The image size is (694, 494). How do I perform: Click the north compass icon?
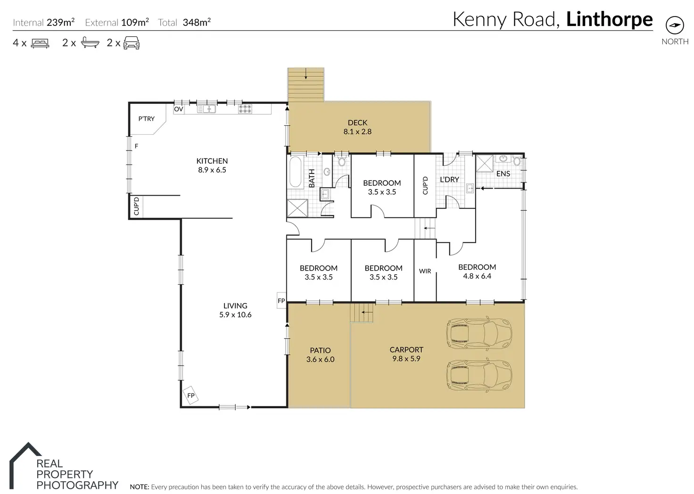[675, 25]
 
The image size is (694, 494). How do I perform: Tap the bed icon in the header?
[40, 43]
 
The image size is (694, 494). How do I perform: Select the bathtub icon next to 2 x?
[90, 42]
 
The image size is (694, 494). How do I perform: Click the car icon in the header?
[132, 43]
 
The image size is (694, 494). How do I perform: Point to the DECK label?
[357, 123]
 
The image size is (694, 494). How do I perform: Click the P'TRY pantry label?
[146, 119]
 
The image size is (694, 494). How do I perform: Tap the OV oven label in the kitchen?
[179, 109]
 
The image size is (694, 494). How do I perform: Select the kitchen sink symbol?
[207, 109]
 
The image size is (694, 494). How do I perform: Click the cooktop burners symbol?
[245, 109]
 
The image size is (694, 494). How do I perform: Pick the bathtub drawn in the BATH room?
[296, 172]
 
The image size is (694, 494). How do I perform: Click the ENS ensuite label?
[503, 174]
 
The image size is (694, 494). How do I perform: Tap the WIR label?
[425, 272]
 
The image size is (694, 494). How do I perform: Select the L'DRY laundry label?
[450, 179]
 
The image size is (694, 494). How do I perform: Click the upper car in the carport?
[479, 334]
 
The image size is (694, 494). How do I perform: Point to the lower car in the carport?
[479, 376]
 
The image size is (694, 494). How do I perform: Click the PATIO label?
[320, 350]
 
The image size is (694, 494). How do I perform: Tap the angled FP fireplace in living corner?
[190, 395]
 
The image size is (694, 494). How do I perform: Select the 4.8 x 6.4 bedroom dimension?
[477, 276]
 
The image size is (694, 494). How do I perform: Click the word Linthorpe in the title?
[610, 19]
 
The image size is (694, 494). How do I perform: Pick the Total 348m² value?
[197, 22]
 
